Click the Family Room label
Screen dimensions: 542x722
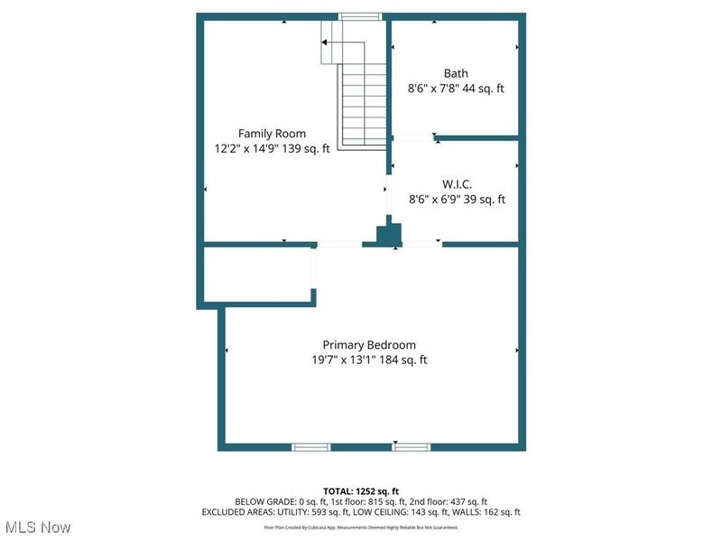point(272,134)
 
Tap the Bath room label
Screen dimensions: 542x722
point(456,73)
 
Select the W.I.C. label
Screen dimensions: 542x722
point(457,184)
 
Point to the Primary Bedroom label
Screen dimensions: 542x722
point(369,344)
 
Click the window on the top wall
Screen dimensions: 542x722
point(360,15)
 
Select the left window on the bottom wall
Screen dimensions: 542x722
point(311,446)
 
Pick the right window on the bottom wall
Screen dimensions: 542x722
point(411,446)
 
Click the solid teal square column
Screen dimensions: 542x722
point(389,234)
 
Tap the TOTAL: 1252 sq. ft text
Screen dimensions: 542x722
point(361,491)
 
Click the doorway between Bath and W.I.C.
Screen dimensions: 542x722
point(412,136)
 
